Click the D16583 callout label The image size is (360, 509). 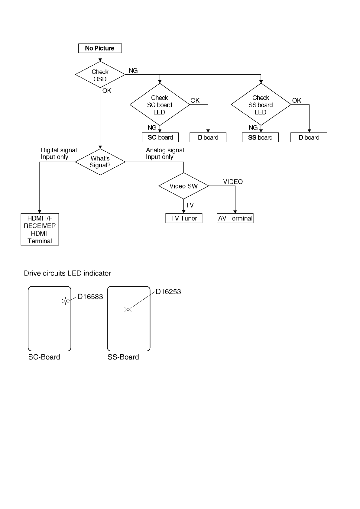click(x=90, y=297)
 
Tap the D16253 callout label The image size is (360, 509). click(x=168, y=292)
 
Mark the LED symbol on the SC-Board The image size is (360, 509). click(x=66, y=301)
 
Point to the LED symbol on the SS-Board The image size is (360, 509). click(x=128, y=309)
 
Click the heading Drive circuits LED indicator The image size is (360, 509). click(x=67, y=273)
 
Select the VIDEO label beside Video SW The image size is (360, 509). click(x=233, y=182)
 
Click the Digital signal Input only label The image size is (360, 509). click(x=59, y=153)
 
